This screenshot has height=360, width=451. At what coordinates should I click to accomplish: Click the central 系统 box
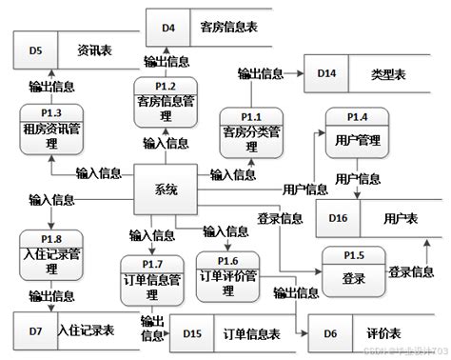pyautogui.click(x=166, y=190)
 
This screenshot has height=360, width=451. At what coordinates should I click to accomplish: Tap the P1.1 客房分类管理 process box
pyautogui.click(x=251, y=128)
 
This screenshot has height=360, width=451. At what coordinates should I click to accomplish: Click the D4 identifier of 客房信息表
pyautogui.click(x=169, y=27)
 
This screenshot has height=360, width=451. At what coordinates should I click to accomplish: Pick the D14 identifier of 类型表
pyautogui.click(x=326, y=72)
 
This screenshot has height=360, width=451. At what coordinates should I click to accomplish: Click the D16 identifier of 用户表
pyautogui.click(x=339, y=218)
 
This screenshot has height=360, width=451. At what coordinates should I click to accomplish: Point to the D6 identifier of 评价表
pyautogui.click(x=329, y=333)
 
